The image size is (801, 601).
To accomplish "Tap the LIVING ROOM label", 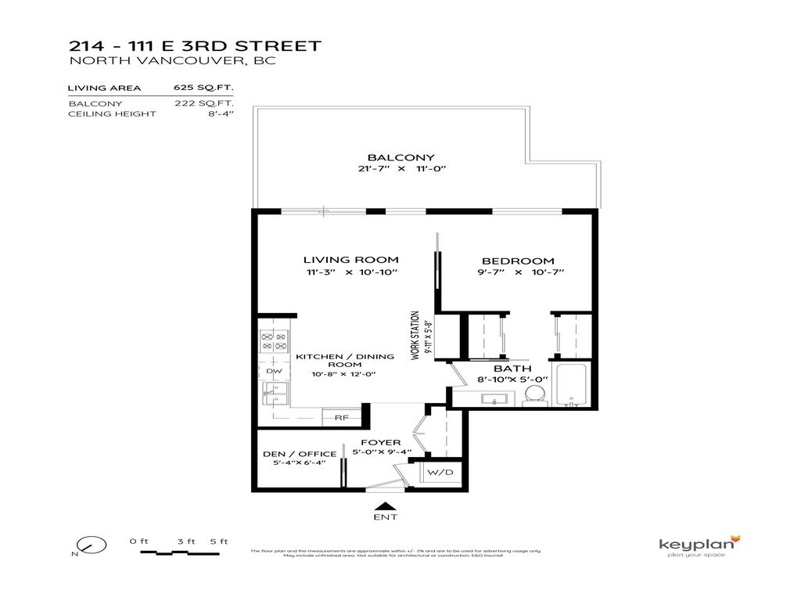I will [x=350, y=260].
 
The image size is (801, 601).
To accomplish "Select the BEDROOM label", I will [x=518, y=261].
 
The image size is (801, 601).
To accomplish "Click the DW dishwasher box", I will [x=274, y=371].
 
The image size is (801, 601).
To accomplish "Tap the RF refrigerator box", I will [x=341, y=418].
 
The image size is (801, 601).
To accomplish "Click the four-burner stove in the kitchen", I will [x=274, y=340].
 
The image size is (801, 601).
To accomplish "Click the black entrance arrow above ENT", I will [x=385, y=505].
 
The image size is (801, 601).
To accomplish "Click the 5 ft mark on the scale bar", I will [x=218, y=542].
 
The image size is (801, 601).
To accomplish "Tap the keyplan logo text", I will [x=694, y=544].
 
